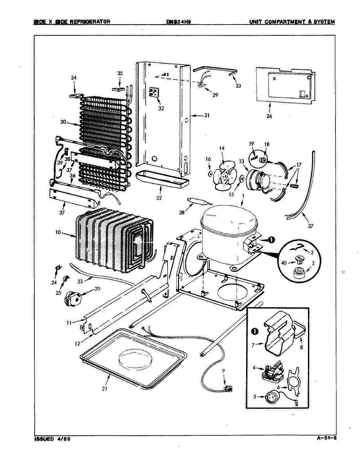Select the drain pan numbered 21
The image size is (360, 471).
point(134,357)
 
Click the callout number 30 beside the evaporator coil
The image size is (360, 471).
point(63,122)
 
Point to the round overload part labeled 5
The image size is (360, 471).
point(271,397)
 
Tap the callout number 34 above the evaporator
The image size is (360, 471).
point(74,78)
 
